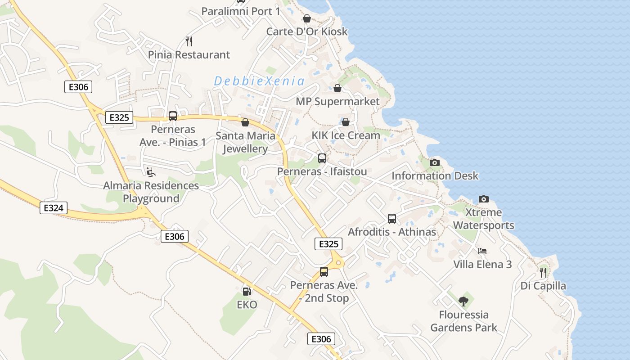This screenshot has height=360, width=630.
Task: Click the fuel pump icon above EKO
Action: [x=247, y=292]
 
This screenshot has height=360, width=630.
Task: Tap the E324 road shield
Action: [x=54, y=208]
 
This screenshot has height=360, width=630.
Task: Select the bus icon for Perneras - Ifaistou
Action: [x=322, y=158]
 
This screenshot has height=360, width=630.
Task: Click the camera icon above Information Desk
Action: [x=435, y=162]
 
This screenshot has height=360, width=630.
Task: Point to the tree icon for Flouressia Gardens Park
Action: [x=463, y=301]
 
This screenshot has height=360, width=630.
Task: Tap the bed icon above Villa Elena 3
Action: [x=482, y=251]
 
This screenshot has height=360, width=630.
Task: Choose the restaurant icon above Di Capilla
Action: [x=543, y=272]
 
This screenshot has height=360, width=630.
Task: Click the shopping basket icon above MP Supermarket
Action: [x=337, y=88]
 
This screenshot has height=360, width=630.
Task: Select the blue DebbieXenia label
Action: [x=259, y=81]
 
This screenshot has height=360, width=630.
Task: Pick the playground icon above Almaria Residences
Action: [x=151, y=172]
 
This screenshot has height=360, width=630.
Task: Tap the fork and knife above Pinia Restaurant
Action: [x=189, y=41]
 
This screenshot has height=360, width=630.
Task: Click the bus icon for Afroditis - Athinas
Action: [x=392, y=219]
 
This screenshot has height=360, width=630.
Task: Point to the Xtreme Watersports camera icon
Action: [x=484, y=199]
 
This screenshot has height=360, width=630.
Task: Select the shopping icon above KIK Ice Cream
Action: [x=346, y=122]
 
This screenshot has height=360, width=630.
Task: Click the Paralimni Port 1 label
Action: [x=241, y=11]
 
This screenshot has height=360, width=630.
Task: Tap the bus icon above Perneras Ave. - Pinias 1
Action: [x=173, y=116]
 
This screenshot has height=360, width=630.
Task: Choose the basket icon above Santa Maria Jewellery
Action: [x=245, y=122]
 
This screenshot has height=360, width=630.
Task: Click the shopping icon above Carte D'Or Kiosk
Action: [x=307, y=18]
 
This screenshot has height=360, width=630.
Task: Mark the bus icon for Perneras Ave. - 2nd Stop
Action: [x=324, y=272]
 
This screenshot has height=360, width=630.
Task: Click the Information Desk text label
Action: [x=435, y=176]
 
